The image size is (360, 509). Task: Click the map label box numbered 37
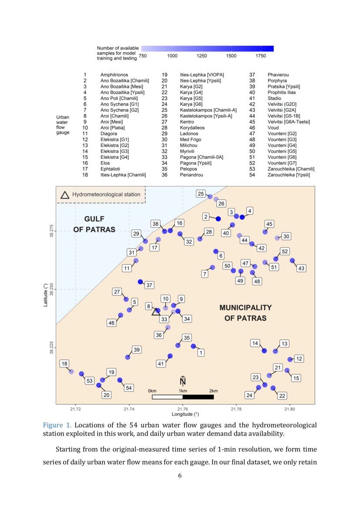point(149,285)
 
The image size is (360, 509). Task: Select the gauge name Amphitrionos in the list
point(114,75)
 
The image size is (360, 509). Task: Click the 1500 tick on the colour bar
point(231,56)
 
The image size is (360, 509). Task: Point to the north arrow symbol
point(183,380)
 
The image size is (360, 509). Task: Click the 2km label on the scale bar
point(213,391)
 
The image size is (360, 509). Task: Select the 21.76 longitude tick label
point(183,409)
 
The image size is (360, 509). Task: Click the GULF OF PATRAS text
point(94,224)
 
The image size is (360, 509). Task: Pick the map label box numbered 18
point(64,364)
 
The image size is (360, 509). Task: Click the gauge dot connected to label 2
point(219,219)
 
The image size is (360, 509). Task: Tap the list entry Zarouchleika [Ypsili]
point(289,175)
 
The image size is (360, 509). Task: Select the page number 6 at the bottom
point(180,475)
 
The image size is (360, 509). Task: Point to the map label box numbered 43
point(301,268)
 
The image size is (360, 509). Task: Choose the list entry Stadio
point(274,98)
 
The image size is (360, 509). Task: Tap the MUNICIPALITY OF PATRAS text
point(245,313)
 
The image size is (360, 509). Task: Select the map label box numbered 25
point(201,193)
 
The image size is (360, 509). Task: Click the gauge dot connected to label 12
point(290,359)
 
